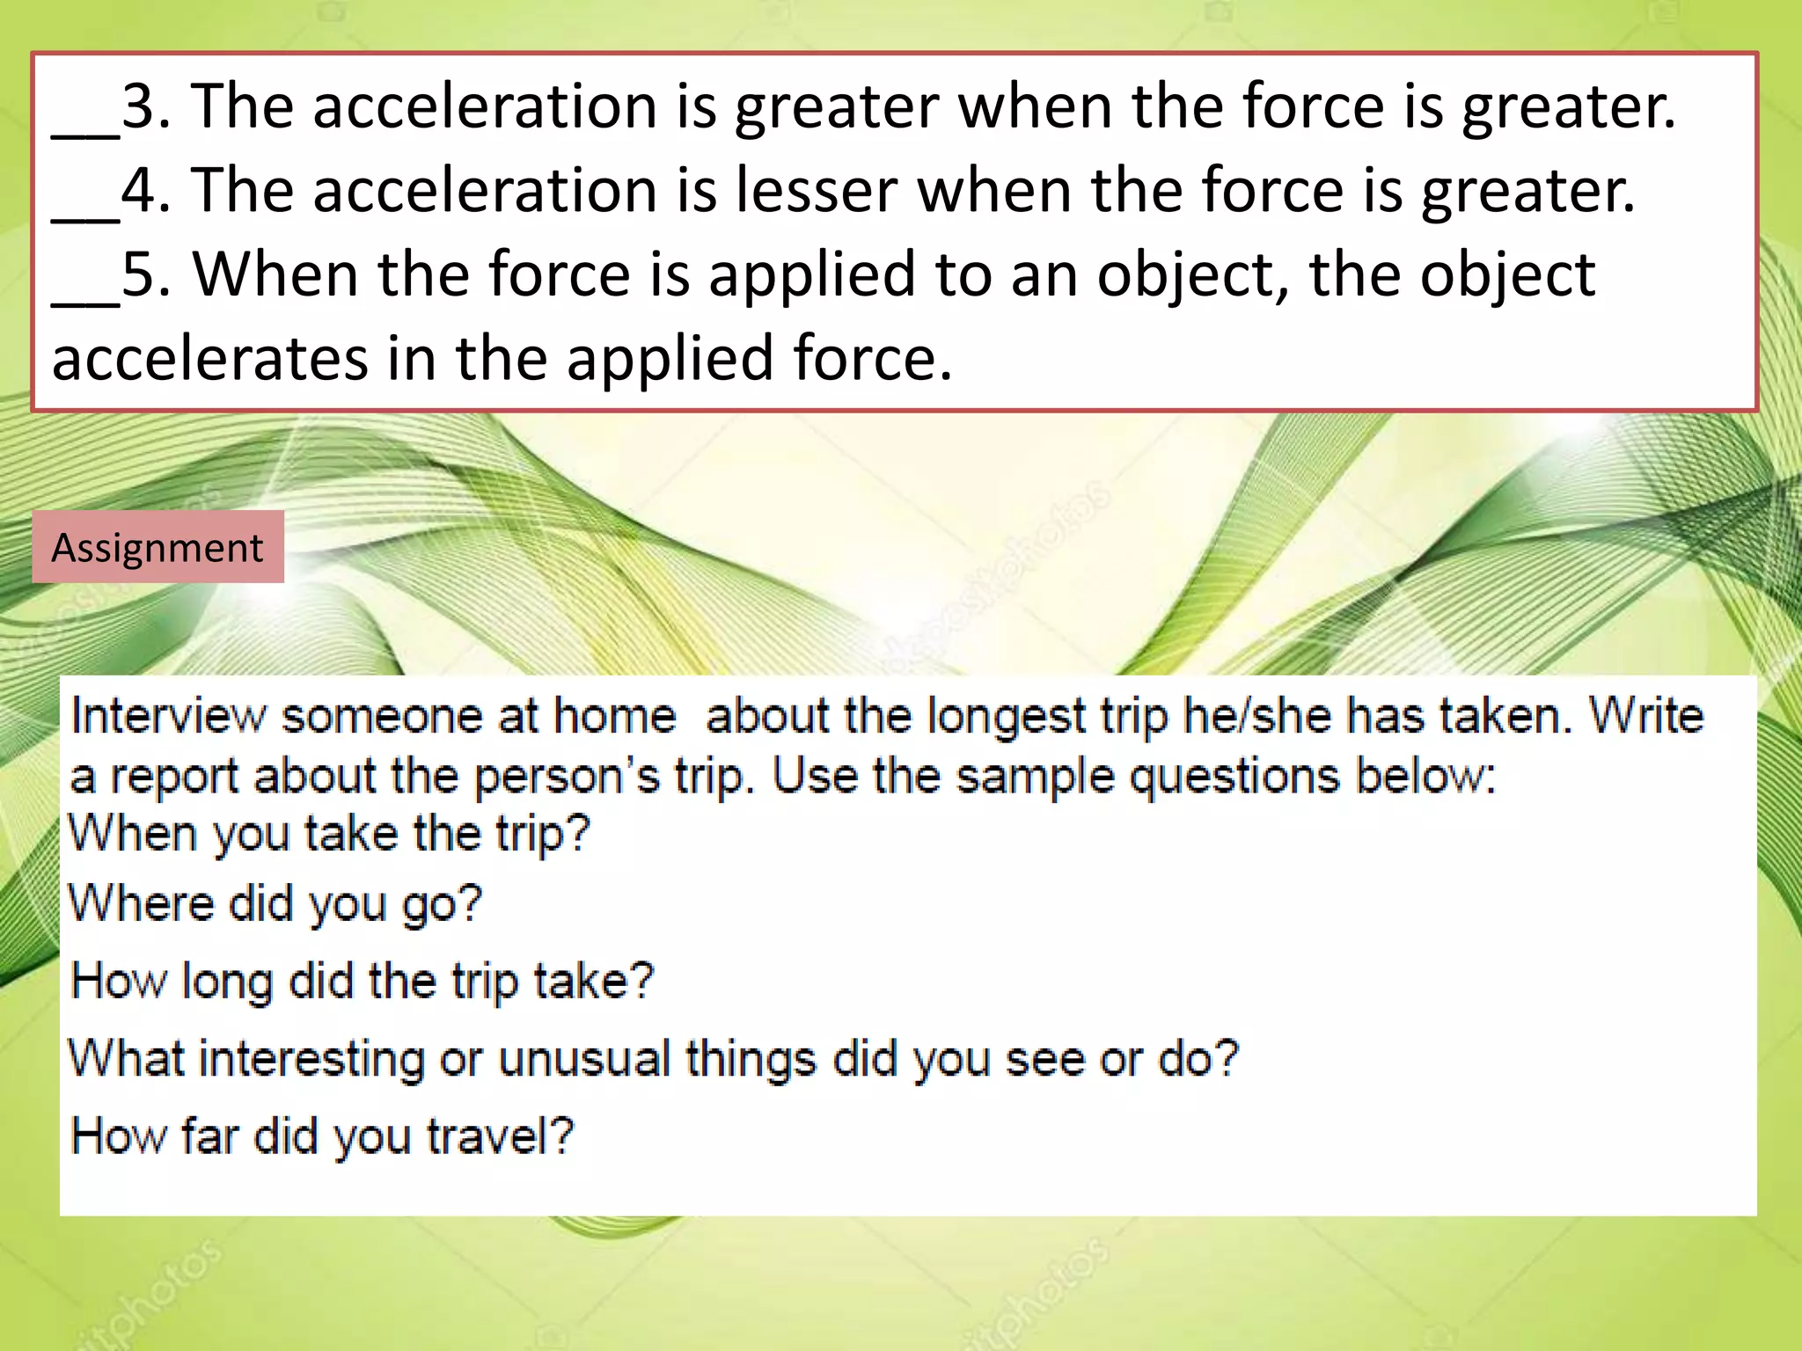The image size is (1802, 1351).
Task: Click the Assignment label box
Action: click(x=157, y=547)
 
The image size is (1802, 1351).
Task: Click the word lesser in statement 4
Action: click(x=817, y=190)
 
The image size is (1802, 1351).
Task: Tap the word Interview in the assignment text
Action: click(x=167, y=715)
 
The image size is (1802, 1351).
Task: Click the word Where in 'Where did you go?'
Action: click(x=141, y=903)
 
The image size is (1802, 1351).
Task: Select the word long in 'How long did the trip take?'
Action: click(x=227, y=982)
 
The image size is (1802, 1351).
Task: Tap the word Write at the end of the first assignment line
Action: click(x=1645, y=715)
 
